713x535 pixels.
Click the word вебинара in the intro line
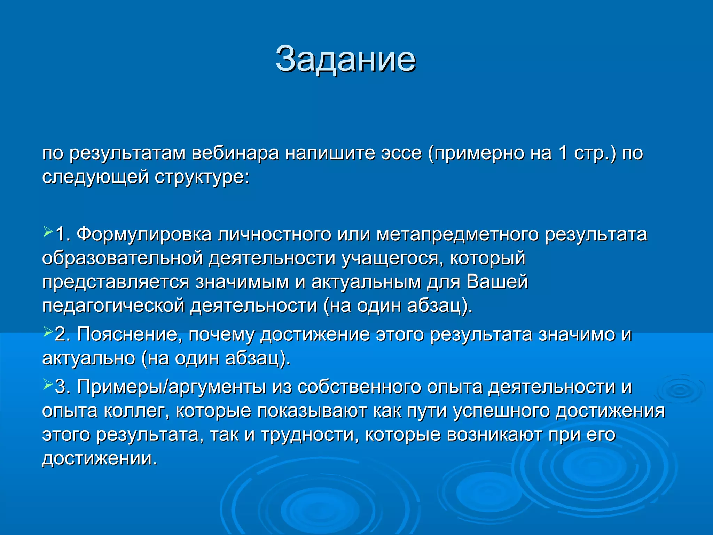point(235,153)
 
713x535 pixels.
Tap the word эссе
point(401,153)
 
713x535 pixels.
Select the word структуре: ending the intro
point(202,177)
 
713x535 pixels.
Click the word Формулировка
point(144,234)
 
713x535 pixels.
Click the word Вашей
point(497,282)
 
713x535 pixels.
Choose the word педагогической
point(113,306)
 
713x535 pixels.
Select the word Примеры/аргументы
point(171,387)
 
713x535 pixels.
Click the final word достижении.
point(100,458)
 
